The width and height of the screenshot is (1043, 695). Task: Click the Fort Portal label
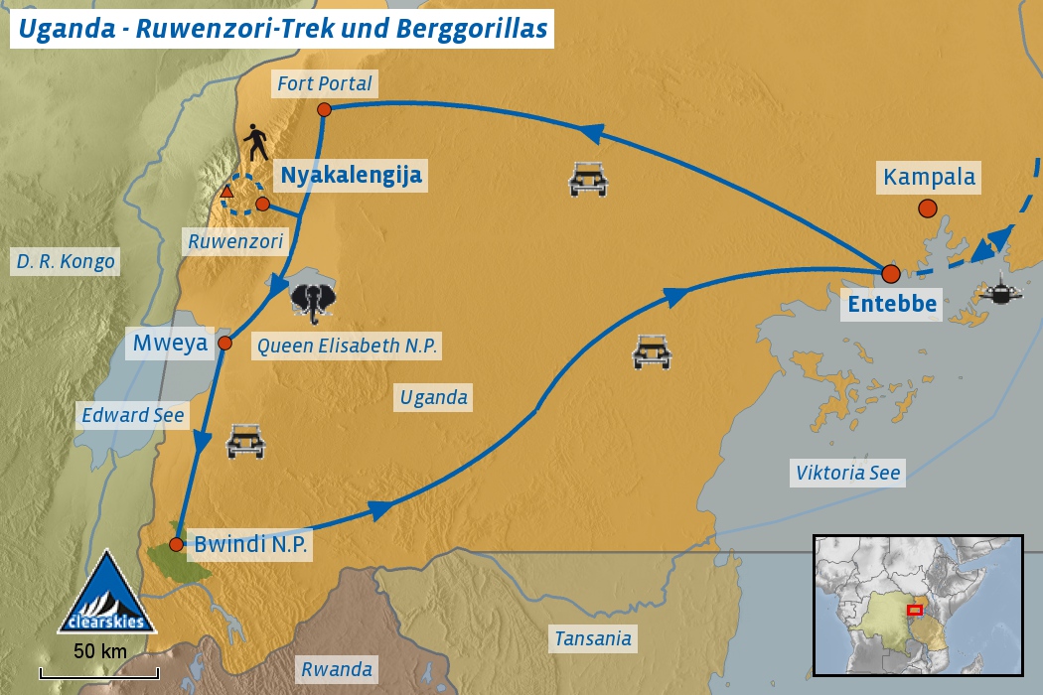tap(324, 83)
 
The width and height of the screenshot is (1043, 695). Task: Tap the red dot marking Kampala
tap(927, 208)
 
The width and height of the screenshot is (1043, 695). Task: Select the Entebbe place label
tap(891, 304)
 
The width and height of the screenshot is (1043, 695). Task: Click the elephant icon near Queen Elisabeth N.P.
tap(312, 300)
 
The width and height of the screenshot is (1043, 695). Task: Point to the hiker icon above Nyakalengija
tap(257, 143)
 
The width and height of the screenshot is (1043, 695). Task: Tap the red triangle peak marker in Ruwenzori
tap(226, 191)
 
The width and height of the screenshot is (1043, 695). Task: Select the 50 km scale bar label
tap(99, 651)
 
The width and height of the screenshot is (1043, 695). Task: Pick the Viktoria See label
tap(847, 473)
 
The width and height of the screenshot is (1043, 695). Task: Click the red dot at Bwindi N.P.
tap(176, 544)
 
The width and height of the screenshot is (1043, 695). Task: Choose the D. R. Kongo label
tap(66, 262)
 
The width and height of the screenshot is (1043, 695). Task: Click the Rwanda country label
tap(337, 668)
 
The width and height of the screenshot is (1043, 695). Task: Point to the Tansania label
tap(592, 637)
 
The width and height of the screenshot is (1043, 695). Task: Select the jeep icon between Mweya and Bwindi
tap(245, 441)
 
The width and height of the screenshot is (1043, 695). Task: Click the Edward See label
tap(133, 415)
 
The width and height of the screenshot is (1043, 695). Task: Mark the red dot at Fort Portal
tap(324, 109)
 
